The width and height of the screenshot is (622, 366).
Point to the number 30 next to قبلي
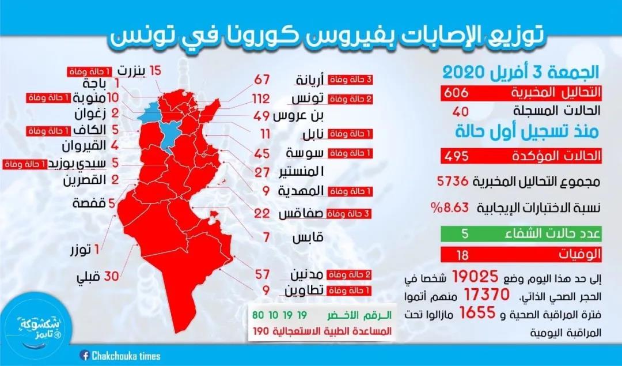(x=111, y=276)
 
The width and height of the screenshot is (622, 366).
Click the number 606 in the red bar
(x=465, y=94)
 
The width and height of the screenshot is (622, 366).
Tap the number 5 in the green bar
(x=465, y=234)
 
